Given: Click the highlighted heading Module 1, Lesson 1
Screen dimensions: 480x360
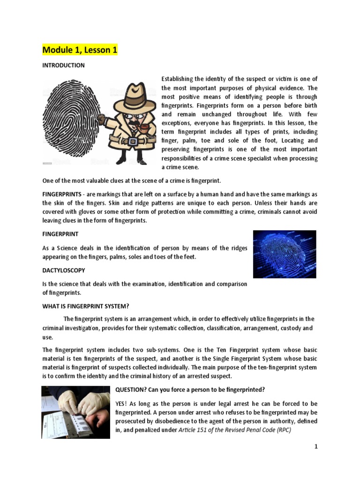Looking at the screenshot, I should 80,50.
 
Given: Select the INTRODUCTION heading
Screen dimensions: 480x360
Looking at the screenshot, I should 63,66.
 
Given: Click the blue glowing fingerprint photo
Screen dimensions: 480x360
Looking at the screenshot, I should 284,254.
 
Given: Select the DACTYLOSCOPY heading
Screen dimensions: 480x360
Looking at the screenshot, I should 64,270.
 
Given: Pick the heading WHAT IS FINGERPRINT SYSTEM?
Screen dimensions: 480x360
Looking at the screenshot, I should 85,307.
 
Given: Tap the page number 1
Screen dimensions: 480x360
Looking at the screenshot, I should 316,447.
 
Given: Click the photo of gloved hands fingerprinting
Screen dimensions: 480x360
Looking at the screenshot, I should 75,412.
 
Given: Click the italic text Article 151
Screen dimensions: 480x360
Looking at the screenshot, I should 195,430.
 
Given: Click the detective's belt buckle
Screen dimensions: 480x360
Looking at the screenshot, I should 133,141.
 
